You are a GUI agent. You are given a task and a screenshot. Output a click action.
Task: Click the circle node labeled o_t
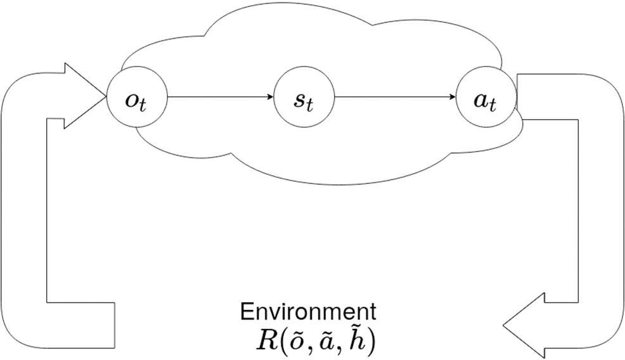137,99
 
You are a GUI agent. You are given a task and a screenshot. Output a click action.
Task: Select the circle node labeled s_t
304,99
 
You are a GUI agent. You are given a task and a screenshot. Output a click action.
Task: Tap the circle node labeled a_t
486,99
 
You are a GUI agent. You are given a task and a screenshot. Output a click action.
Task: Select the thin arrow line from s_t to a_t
393,98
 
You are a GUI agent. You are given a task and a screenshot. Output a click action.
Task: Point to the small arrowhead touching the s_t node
269,98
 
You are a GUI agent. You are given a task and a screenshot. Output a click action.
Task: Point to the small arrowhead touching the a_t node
452,98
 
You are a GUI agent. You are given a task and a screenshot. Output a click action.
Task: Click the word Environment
307,312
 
